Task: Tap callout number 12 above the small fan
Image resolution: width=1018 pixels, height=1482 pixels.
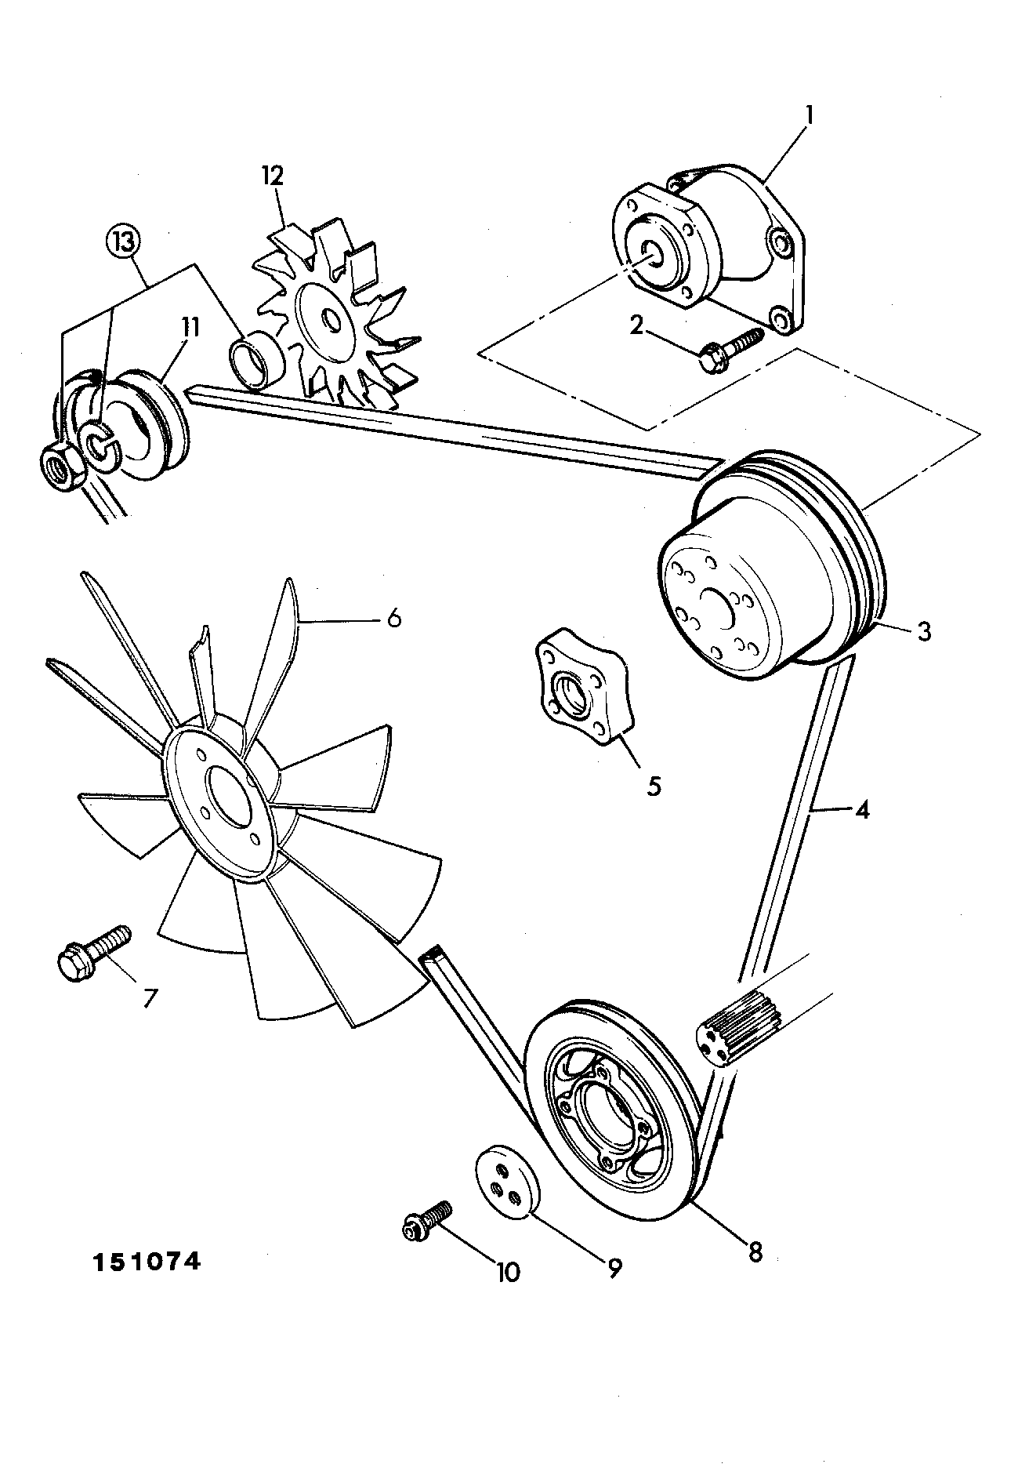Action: point(274,176)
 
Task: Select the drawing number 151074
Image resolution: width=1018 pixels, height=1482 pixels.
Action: point(147,1262)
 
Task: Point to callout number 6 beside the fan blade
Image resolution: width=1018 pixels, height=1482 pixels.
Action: point(394,619)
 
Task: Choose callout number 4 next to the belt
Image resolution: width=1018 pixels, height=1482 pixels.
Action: point(861,810)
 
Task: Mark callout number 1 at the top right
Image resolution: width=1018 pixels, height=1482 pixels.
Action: point(810,116)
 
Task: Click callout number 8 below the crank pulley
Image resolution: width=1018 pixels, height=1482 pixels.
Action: point(755,1252)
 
